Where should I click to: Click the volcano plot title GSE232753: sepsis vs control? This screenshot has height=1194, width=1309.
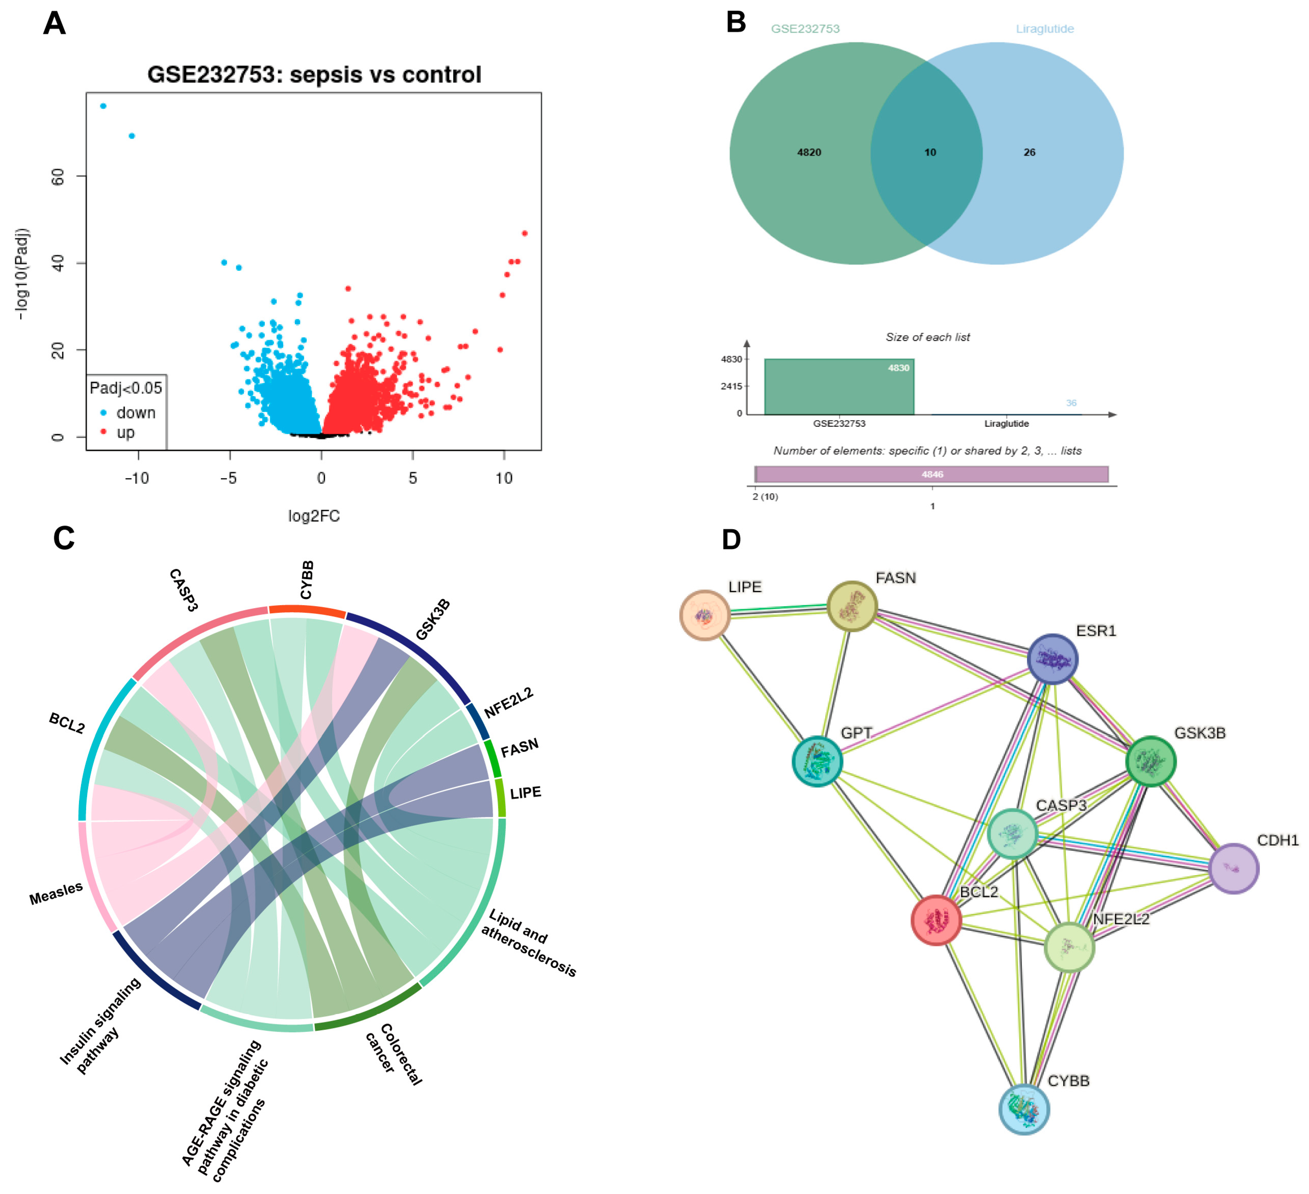314,75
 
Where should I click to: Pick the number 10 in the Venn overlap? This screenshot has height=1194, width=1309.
930,152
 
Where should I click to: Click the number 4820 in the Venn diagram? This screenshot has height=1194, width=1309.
809,152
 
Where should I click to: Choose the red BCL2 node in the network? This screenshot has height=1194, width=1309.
935,920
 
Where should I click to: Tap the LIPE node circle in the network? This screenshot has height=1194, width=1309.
705,615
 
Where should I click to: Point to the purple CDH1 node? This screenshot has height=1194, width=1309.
1234,868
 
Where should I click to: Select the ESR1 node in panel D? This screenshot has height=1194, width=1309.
1052,659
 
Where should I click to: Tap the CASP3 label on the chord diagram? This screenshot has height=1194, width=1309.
183,590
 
